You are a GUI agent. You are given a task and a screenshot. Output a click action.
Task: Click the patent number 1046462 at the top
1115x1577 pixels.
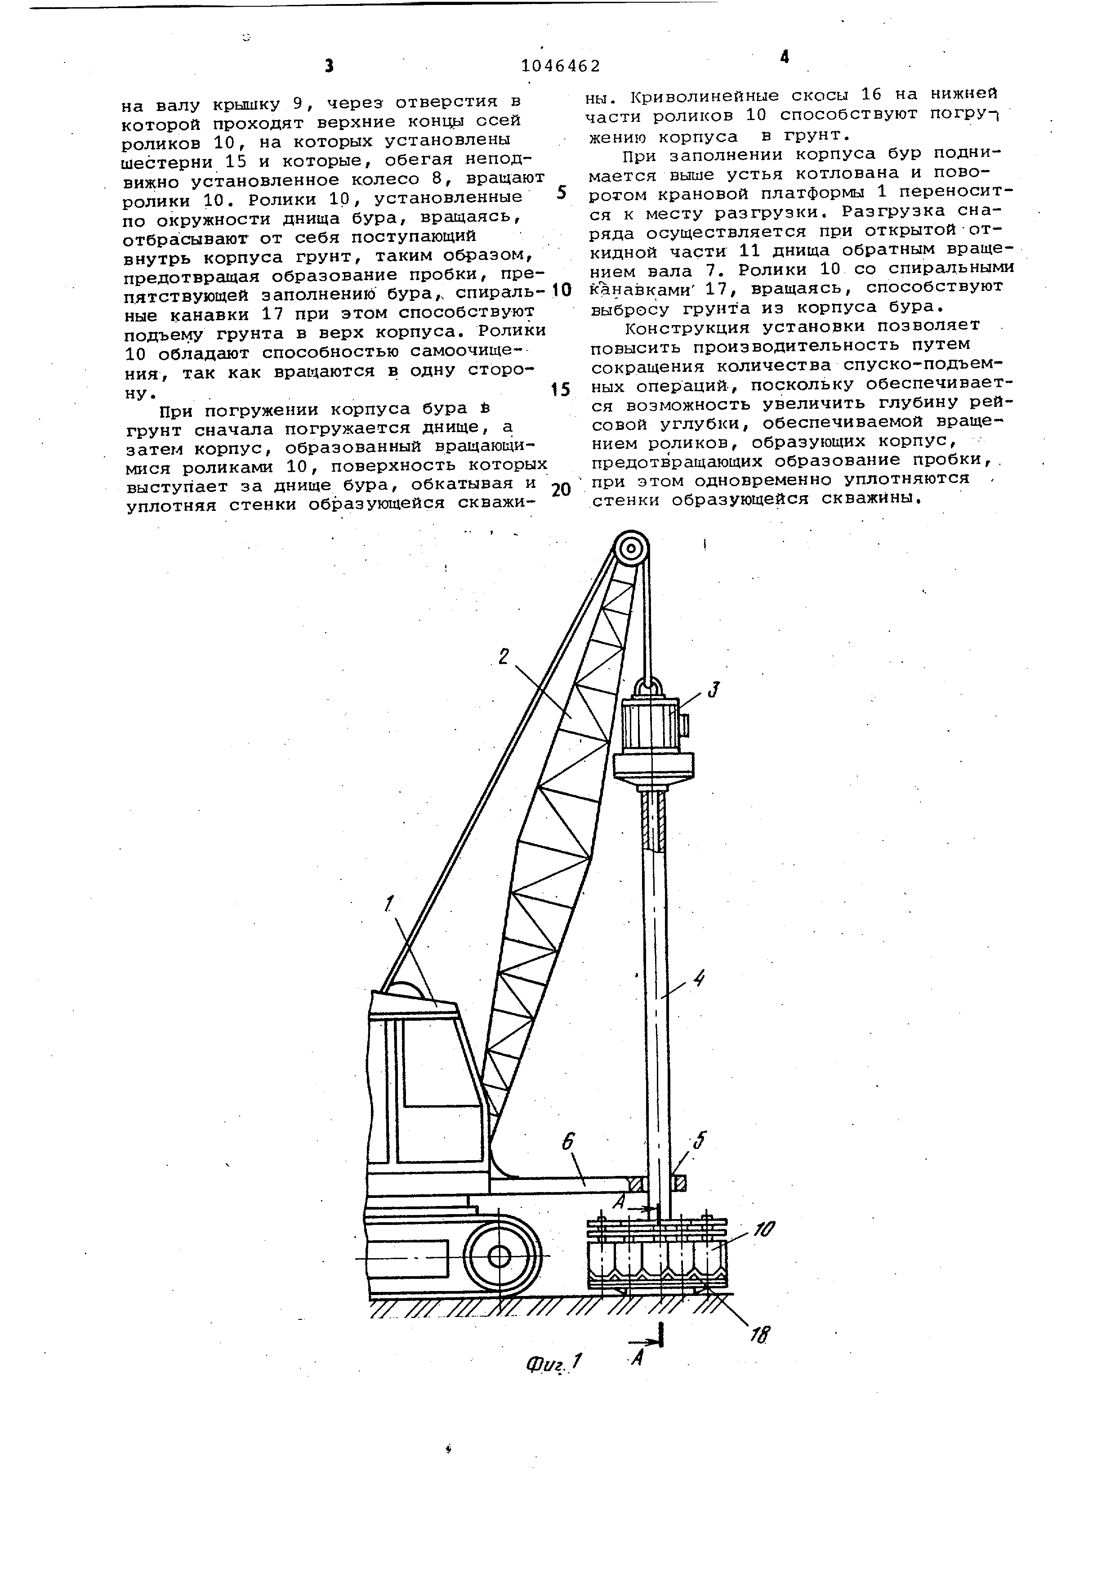pyautogui.click(x=560, y=66)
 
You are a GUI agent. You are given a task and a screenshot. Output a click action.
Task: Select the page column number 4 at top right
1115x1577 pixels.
pyautogui.click(x=785, y=58)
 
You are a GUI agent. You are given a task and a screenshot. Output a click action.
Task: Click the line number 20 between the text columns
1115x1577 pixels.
pyautogui.click(x=561, y=490)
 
